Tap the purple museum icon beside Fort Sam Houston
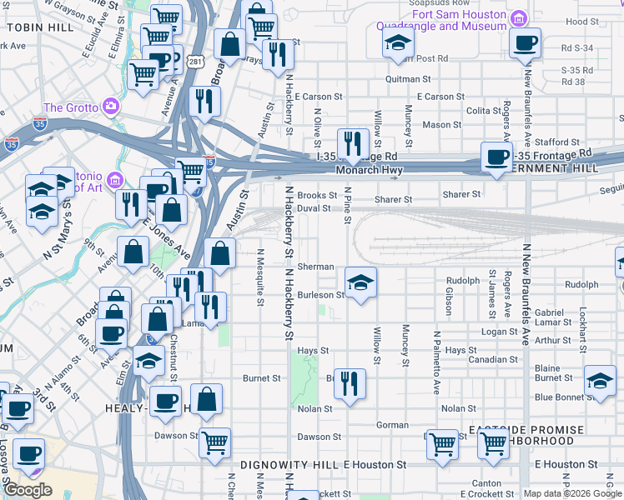click(x=518, y=18)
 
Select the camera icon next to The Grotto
click(x=110, y=107)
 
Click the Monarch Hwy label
click(x=369, y=171)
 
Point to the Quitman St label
click(x=407, y=79)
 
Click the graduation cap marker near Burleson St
click(x=360, y=283)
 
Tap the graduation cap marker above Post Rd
click(x=399, y=43)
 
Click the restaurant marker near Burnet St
click(x=350, y=384)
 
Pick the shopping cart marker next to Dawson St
click(x=214, y=442)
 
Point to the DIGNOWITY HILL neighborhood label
click(x=289, y=464)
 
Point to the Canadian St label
click(x=492, y=360)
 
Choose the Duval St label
click(x=314, y=208)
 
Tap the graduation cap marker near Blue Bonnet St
click(x=599, y=380)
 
